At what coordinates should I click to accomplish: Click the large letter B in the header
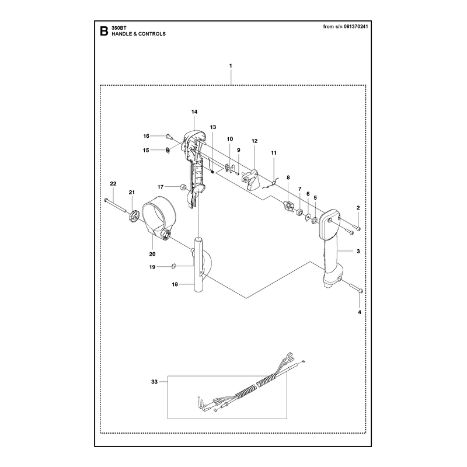[x=104, y=31]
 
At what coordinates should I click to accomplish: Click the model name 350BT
[x=119, y=27]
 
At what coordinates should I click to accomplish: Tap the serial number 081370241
[x=356, y=26]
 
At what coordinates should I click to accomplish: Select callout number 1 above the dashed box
[x=231, y=65]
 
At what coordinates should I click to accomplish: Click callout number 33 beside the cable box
[x=154, y=382]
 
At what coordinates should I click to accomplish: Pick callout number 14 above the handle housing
[x=194, y=111]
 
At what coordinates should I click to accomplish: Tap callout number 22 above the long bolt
[x=113, y=184]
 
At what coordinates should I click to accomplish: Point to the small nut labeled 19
[x=174, y=266]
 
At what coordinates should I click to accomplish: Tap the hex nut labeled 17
[x=183, y=187]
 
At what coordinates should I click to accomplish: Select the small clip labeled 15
[x=168, y=150]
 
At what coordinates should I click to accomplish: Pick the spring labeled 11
[x=271, y=184]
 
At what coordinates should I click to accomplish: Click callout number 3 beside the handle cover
[x=358, y=252]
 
